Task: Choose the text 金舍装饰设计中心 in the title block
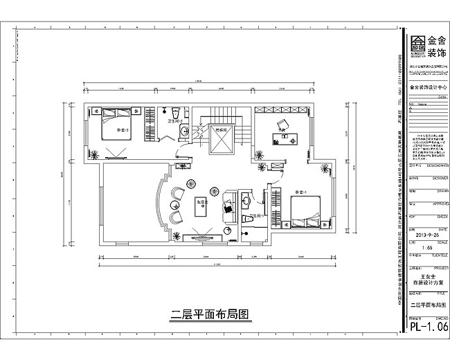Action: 424,88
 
